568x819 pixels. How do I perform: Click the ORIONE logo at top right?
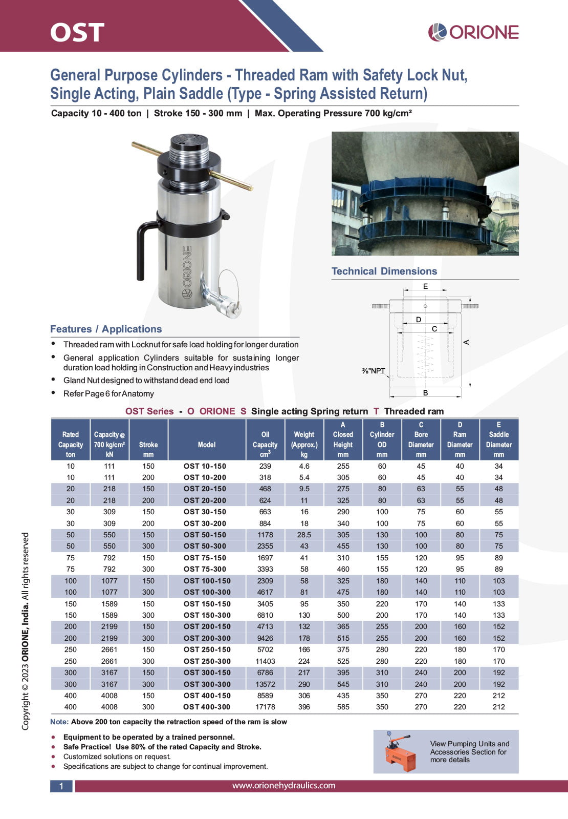click(x=473, y=32)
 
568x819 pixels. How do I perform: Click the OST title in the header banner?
click(x=77, y=32)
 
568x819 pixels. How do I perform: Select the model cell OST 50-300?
click(x=205, y=546)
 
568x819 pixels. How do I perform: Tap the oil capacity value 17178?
click(x=265, y=707)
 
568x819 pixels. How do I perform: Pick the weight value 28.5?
click(x=304, y=535)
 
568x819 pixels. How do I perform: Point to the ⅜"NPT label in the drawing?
click(x=374, y=371)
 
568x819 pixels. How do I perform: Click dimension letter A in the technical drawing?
click(x=466, y=342)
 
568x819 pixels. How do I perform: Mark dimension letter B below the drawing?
click(x=425, y=393)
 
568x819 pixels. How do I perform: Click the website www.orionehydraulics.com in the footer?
click(x=283, y=785)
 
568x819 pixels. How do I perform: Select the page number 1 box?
click(x=61, y=786)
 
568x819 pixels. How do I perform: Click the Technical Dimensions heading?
click(x=384, y=271)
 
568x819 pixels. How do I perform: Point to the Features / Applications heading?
click(x=106, y=329)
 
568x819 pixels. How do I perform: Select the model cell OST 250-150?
click(x=207, y=649)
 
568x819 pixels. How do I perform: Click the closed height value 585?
click(x=343, y=707)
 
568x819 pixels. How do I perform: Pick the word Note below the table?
click(x=59, y=722)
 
